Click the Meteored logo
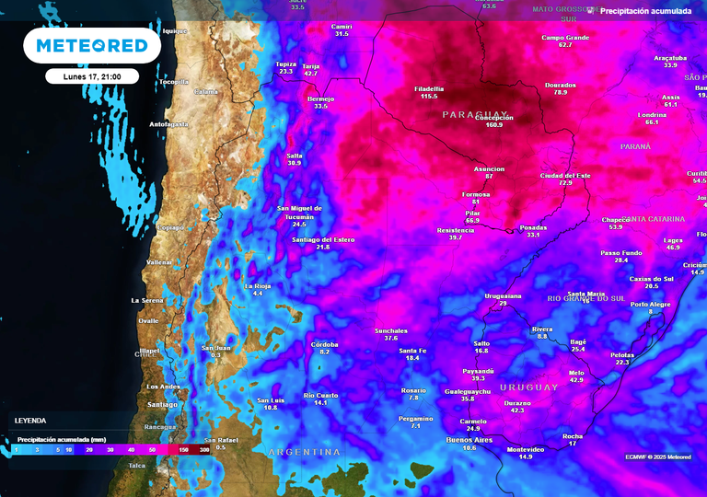coord(91,45)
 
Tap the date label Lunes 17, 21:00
coord(91,77)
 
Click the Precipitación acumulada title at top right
coord(645,11)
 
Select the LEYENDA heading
coord(29,420)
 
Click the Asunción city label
coord(489,169)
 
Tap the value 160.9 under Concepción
coord(494,124)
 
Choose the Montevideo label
coord(526,449)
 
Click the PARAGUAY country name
coord(476,114)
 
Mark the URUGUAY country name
coord(529,387)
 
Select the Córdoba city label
coord(324,344)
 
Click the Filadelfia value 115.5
coord(429,97)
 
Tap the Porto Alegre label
coord(650,304)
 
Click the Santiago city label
coord(162,404)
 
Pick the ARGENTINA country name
coord(304,452)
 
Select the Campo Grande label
coord(564,38)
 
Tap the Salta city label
coord(295,156)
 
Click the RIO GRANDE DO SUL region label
coord(585,298)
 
